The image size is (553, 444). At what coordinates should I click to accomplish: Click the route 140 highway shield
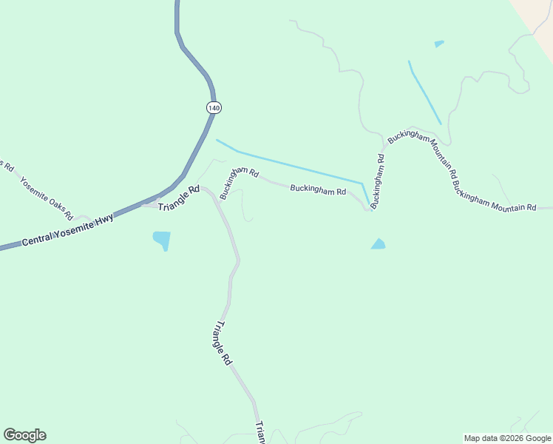pyautogui.click(x=214, y=107)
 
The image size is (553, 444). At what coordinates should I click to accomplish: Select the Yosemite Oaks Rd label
pyautogui.click(x=46, y=198)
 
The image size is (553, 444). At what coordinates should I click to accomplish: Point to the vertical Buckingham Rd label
pyautogui.click(x=379, y=181)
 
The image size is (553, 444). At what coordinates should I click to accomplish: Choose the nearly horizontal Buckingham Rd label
pyautogui.click(x=318, y=190)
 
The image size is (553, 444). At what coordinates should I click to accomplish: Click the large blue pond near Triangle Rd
pyautogui.click(x=161, y=240)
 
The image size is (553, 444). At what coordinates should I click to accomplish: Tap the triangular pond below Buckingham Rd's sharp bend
pyautogui.click(x=379, y=244)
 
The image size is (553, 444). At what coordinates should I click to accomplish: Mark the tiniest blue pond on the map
pyautogui.click(x=439, y=44)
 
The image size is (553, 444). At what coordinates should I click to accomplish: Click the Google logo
pyautogui.click(x=24, y=435)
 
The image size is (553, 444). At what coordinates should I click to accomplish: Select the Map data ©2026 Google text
pyautogui.click(x=508, y=438)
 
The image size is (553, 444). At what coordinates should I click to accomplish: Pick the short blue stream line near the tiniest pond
pyautogui.click(x=424, y=92)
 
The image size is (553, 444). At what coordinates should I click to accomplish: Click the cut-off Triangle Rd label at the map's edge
pyautogui.click(x=260, y=433)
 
